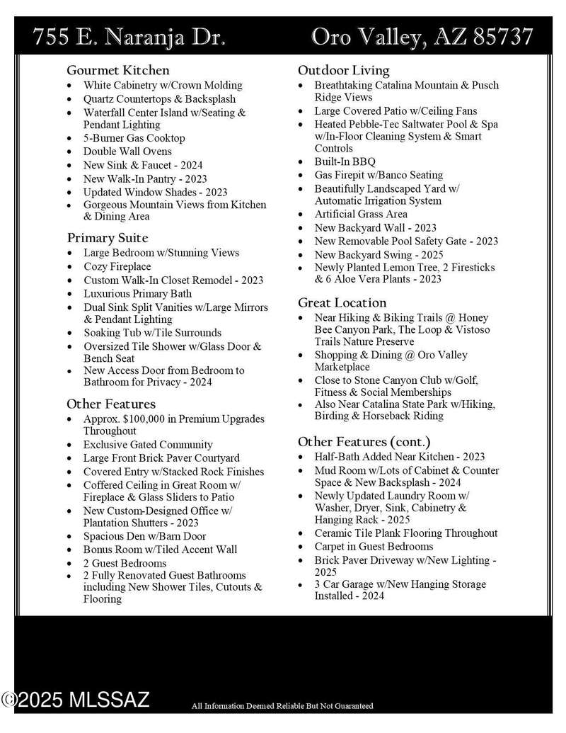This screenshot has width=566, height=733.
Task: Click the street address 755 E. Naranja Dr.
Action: coord(129,37)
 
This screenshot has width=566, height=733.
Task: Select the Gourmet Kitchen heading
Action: coord(118,70)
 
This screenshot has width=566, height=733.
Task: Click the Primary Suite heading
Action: coord(108,238)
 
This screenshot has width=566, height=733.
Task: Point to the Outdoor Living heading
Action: coord(344,70)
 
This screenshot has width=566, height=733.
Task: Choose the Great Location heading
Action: coord(342,302)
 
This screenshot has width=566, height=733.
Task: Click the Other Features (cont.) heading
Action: coord(371,441)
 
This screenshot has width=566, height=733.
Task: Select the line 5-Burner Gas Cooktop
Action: coord(134,138)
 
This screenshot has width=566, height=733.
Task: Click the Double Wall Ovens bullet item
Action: coord(127,152)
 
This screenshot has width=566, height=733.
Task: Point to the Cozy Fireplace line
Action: coord(117,266)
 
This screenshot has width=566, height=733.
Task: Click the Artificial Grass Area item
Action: coord(361,214)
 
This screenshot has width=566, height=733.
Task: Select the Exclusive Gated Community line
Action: coord(148,445)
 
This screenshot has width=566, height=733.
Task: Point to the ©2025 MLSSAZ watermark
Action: coord(76,700)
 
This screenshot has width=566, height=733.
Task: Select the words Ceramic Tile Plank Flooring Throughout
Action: coord(406,533)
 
